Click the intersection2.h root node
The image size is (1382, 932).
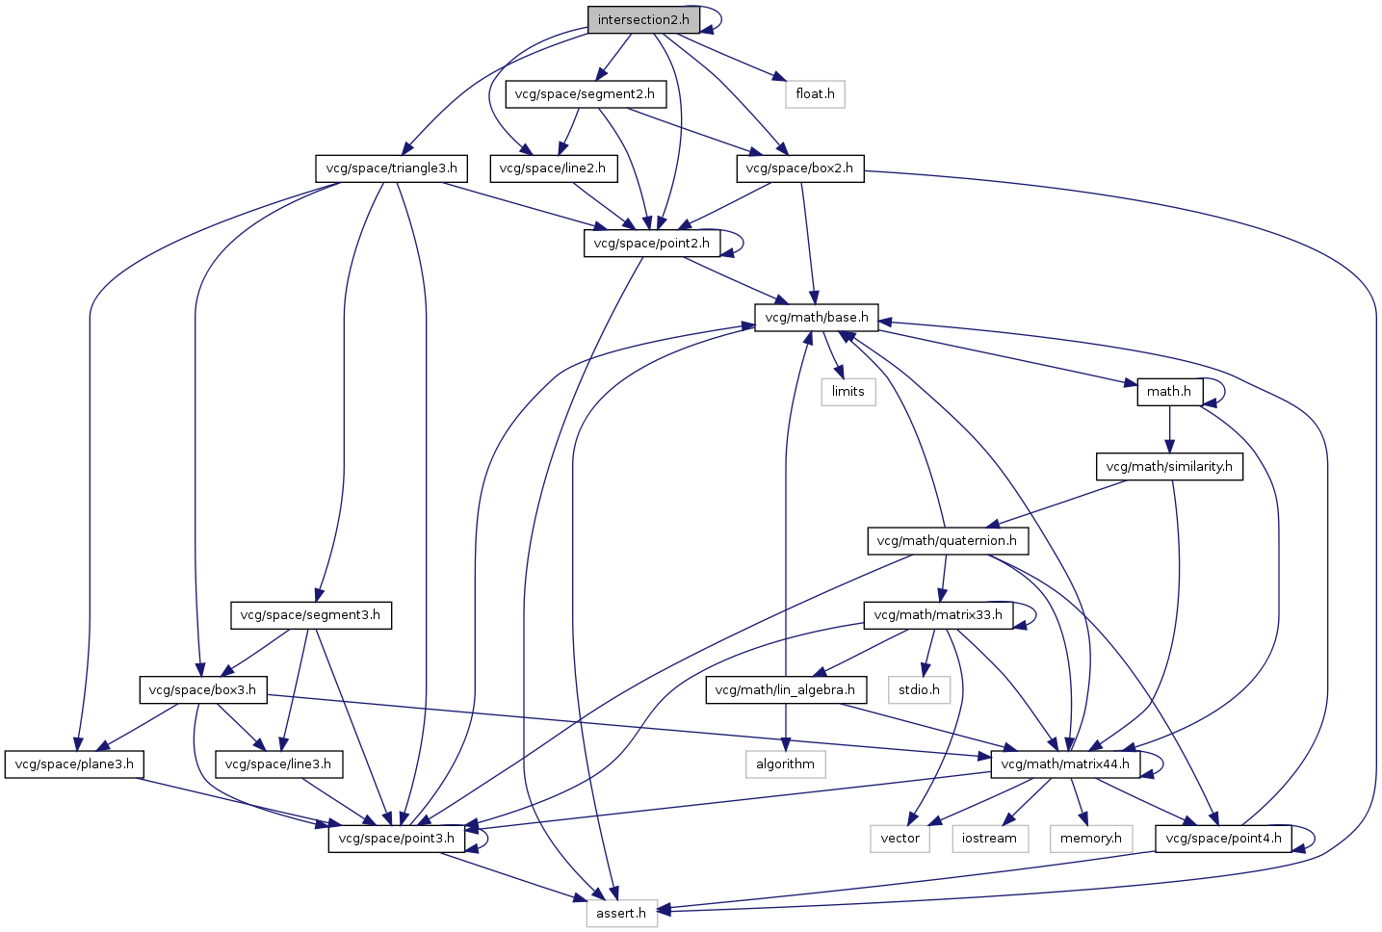(x=642, y=20)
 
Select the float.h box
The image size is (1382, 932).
(x=815, y=94)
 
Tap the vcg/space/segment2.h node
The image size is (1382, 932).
(x=585, y=94)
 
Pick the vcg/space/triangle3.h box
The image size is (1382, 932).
(x=391, y=168)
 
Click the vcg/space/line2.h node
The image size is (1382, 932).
(x=553, y=168)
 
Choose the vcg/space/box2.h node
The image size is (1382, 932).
(x=800, y=168)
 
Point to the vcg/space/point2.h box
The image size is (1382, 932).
(x=651, y=244)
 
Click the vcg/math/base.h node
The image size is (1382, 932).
(x=816, y=318)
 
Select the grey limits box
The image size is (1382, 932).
(x=847, y=392)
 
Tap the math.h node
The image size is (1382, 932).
(x=1169, y=392)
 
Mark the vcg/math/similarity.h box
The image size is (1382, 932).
(x=1169, y=467)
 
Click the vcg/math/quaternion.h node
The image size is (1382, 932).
(x=947, y=541)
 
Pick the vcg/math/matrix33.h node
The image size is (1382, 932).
(x=938, y=615)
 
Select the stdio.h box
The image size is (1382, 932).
(x=919, y=689)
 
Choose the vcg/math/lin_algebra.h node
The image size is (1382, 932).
(x=785, y=689)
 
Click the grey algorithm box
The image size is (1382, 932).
(x=785, y=764)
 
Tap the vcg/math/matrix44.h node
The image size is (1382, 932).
(x=1065, y=764)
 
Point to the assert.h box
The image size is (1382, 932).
(x=621, y=913)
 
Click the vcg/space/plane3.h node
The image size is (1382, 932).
(x=74, y=764)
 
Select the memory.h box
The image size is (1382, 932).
(x=1090, y=839)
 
